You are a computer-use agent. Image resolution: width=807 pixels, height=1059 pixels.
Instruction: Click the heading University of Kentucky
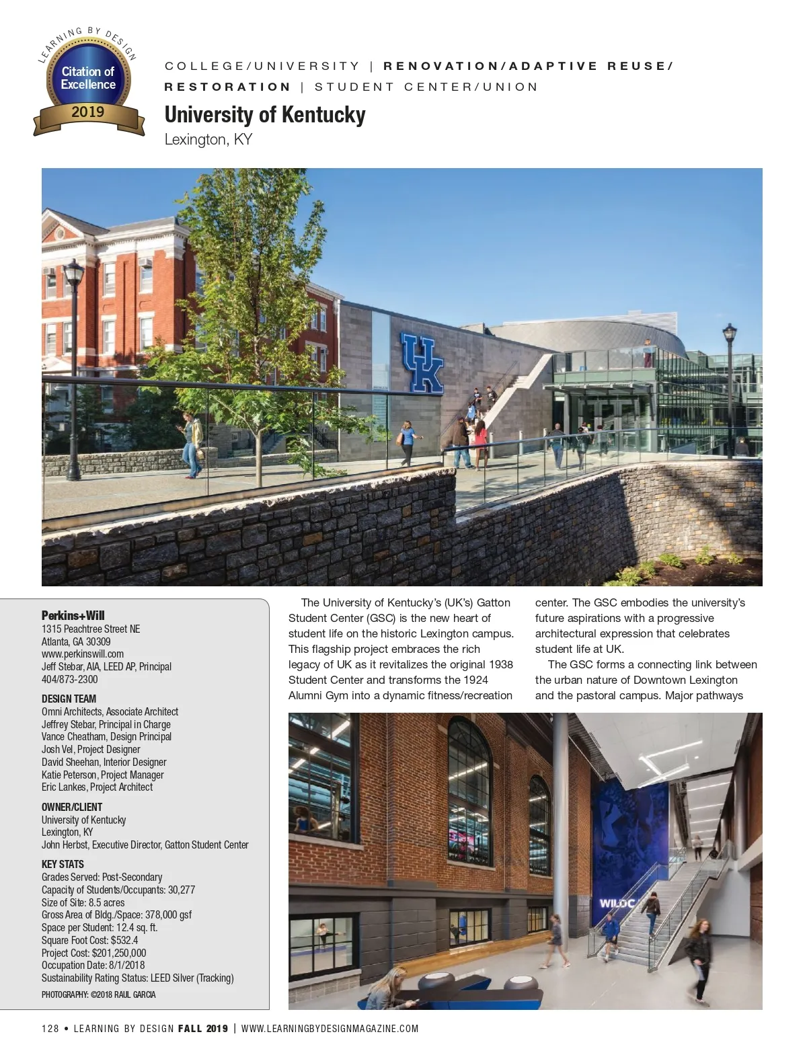[x=265, y=115]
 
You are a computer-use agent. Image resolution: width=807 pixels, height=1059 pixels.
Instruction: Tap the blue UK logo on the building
[x=422, y=363]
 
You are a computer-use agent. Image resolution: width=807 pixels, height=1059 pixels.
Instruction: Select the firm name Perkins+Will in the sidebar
[x=73, y=615]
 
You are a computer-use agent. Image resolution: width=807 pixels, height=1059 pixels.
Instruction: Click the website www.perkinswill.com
[x=83, y=654]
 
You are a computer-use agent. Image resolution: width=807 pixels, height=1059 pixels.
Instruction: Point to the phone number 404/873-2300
[x=69, y=679]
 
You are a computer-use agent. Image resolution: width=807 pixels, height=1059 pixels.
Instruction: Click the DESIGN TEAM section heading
[x=69, y=699]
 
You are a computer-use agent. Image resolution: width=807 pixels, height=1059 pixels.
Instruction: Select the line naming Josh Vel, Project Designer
[x=91, y=749]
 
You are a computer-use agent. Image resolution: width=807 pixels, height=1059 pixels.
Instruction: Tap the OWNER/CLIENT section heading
[x=72, y=807]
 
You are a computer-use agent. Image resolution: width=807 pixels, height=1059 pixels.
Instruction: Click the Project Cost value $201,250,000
[x=93, y=953]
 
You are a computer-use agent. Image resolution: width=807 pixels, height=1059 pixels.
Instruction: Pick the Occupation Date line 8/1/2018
[x=93, y=966]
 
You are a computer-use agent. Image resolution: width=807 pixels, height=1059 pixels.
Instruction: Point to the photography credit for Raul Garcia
[x=98, y=994]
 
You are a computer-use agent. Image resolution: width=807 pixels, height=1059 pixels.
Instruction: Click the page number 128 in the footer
[x=50, y=1028]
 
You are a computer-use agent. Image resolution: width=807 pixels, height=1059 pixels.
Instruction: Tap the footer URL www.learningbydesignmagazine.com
[x=330, y=1028]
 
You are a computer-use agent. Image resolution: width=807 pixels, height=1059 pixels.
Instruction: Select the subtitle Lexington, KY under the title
[x=208, y=140]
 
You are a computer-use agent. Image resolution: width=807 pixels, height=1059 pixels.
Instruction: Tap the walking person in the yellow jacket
[x=193, y=444]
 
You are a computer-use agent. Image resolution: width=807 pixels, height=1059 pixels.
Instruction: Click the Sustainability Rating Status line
[x=137, y=978]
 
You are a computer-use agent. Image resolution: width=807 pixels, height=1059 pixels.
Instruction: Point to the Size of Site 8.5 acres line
[x=83, y=902]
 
